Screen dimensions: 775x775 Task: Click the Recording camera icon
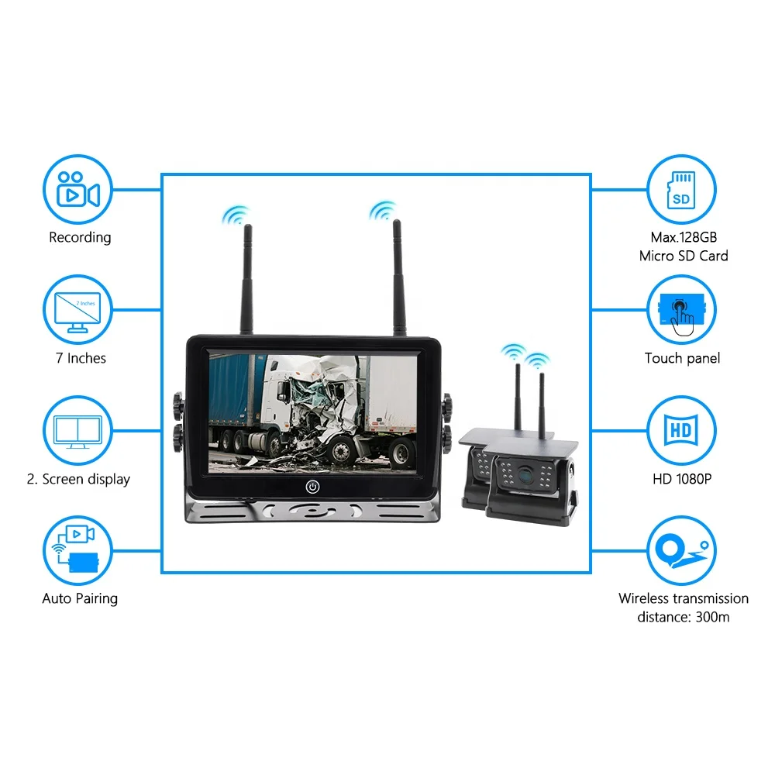78,189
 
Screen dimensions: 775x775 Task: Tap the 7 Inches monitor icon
78,312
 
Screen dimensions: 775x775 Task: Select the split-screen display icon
78,431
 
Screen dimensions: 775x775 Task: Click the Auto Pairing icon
77,549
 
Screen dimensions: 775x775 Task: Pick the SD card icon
681,189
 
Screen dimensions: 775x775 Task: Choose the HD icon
681,430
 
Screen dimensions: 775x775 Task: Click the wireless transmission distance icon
681,549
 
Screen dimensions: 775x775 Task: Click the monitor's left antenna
247,280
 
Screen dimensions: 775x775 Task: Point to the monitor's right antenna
398,278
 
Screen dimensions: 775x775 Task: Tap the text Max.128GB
684,237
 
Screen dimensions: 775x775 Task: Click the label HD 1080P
682,479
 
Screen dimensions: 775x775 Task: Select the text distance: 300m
683,617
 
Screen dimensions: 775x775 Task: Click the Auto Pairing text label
80,599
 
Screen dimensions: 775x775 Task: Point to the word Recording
80,238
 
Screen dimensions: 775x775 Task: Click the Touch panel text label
682,358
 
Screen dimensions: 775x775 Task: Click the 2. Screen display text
78,480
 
